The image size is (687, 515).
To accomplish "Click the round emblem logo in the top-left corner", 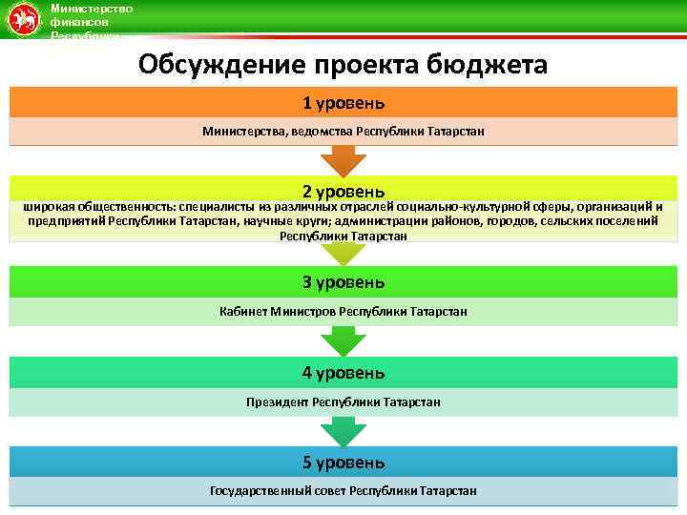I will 24,20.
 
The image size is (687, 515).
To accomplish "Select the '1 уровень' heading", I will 343,102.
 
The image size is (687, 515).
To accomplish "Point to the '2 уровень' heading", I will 343,191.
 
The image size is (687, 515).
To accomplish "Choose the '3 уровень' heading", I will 343,281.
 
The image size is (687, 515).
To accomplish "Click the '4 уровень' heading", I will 343,372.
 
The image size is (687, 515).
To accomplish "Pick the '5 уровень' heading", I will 343,463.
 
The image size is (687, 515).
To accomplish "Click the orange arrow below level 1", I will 343,159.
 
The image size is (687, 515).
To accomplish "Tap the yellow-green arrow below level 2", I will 343,252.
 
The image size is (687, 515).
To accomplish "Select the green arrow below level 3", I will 343,341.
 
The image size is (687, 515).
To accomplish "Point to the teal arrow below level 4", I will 343,432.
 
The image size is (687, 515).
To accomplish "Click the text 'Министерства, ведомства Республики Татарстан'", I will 343,131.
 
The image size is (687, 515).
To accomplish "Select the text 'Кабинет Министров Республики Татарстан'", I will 343,312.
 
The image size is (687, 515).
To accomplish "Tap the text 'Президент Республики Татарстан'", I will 343,402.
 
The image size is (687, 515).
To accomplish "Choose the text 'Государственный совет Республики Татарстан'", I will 343,491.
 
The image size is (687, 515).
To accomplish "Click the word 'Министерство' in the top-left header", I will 92,9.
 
